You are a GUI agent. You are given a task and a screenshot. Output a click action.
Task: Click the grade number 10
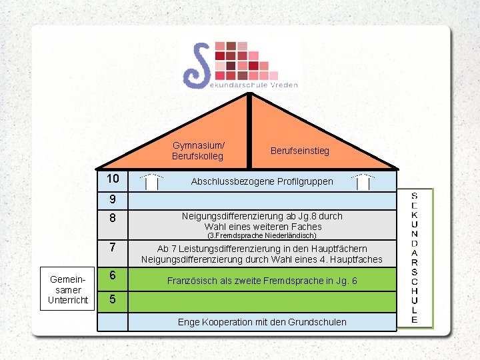(x=113, y=179)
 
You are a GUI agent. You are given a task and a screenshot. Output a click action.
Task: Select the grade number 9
(x=113, y=199)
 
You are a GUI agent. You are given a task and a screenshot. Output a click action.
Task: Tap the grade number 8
(x=113, y=218)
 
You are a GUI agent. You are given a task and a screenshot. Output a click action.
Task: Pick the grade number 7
(x=113, y=247)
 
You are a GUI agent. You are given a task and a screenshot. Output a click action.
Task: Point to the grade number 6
(x=113, y=275)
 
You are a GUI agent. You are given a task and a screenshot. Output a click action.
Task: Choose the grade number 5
(x=113, y=299)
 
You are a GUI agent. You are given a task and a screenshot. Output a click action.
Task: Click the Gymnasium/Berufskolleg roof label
(x=198, y=151)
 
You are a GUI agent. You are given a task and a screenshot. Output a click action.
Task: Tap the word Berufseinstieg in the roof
(x=299, y=151)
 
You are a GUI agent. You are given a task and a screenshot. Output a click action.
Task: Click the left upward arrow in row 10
(x=153, y=181)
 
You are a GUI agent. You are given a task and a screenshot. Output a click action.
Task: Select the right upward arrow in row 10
(x=363, y=181)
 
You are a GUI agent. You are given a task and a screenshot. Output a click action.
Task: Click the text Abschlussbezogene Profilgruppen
(x=261, y=181)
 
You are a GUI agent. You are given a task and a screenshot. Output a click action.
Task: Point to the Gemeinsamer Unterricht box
(x=68, y=290)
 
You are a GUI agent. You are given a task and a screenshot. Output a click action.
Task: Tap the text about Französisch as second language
(x=261, y=281)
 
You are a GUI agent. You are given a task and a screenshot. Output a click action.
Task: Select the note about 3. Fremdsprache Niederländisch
(x=261, y=235)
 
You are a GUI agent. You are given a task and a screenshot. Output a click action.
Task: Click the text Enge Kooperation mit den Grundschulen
(x=261, y=322)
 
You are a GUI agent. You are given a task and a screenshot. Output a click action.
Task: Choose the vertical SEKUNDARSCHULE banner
(x=414, y=257)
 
